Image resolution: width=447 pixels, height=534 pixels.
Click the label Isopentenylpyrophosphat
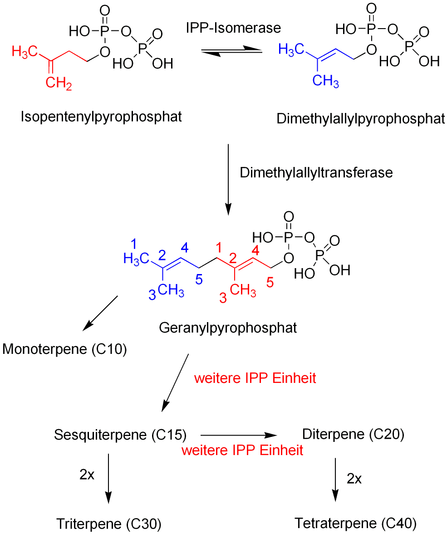click(101, 117)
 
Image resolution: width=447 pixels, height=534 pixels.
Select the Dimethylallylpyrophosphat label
click(361, 119)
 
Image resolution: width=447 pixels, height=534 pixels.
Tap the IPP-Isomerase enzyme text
click(233, 28)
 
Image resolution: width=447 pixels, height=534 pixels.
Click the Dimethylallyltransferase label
click(316, 173)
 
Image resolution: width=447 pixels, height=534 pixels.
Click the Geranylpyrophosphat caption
click(228, 328)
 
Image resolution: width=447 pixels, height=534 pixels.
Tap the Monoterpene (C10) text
click(64, 350)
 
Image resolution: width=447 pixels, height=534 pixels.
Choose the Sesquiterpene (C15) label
click(120, 435)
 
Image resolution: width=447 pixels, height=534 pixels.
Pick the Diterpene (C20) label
click(353, 434)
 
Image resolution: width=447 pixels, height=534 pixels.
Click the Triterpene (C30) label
click(109, 524)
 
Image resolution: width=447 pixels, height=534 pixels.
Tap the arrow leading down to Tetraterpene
click(335, 480)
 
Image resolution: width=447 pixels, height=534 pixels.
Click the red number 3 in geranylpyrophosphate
click(223, 298)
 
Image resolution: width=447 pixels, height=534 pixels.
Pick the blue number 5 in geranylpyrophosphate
click(199, 280)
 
